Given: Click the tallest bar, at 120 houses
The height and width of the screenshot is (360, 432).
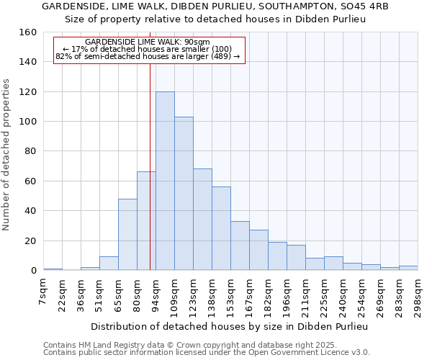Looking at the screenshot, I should (165, 181).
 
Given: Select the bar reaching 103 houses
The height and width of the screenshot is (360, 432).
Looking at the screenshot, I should (184, 194).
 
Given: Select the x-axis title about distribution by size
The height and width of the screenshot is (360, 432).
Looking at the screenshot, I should (230, 326).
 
